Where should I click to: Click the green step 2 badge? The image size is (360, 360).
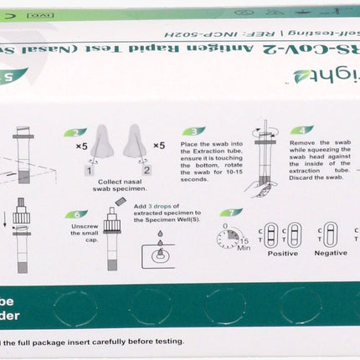tap(75, 132)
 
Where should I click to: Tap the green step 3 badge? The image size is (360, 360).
tap(193, 131)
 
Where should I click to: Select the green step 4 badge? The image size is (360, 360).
tap(301, 131)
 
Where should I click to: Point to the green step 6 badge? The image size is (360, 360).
tap(76, 214)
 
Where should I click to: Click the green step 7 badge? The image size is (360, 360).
tap(231, 213)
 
